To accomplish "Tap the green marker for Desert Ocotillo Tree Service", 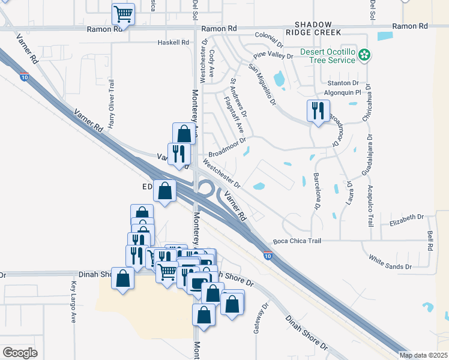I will [363, 56].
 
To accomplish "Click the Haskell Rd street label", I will [173, 43].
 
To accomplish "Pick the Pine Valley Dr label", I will [273, 56].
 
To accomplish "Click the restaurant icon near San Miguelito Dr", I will [318, 110].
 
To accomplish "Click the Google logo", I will [20, 353].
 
